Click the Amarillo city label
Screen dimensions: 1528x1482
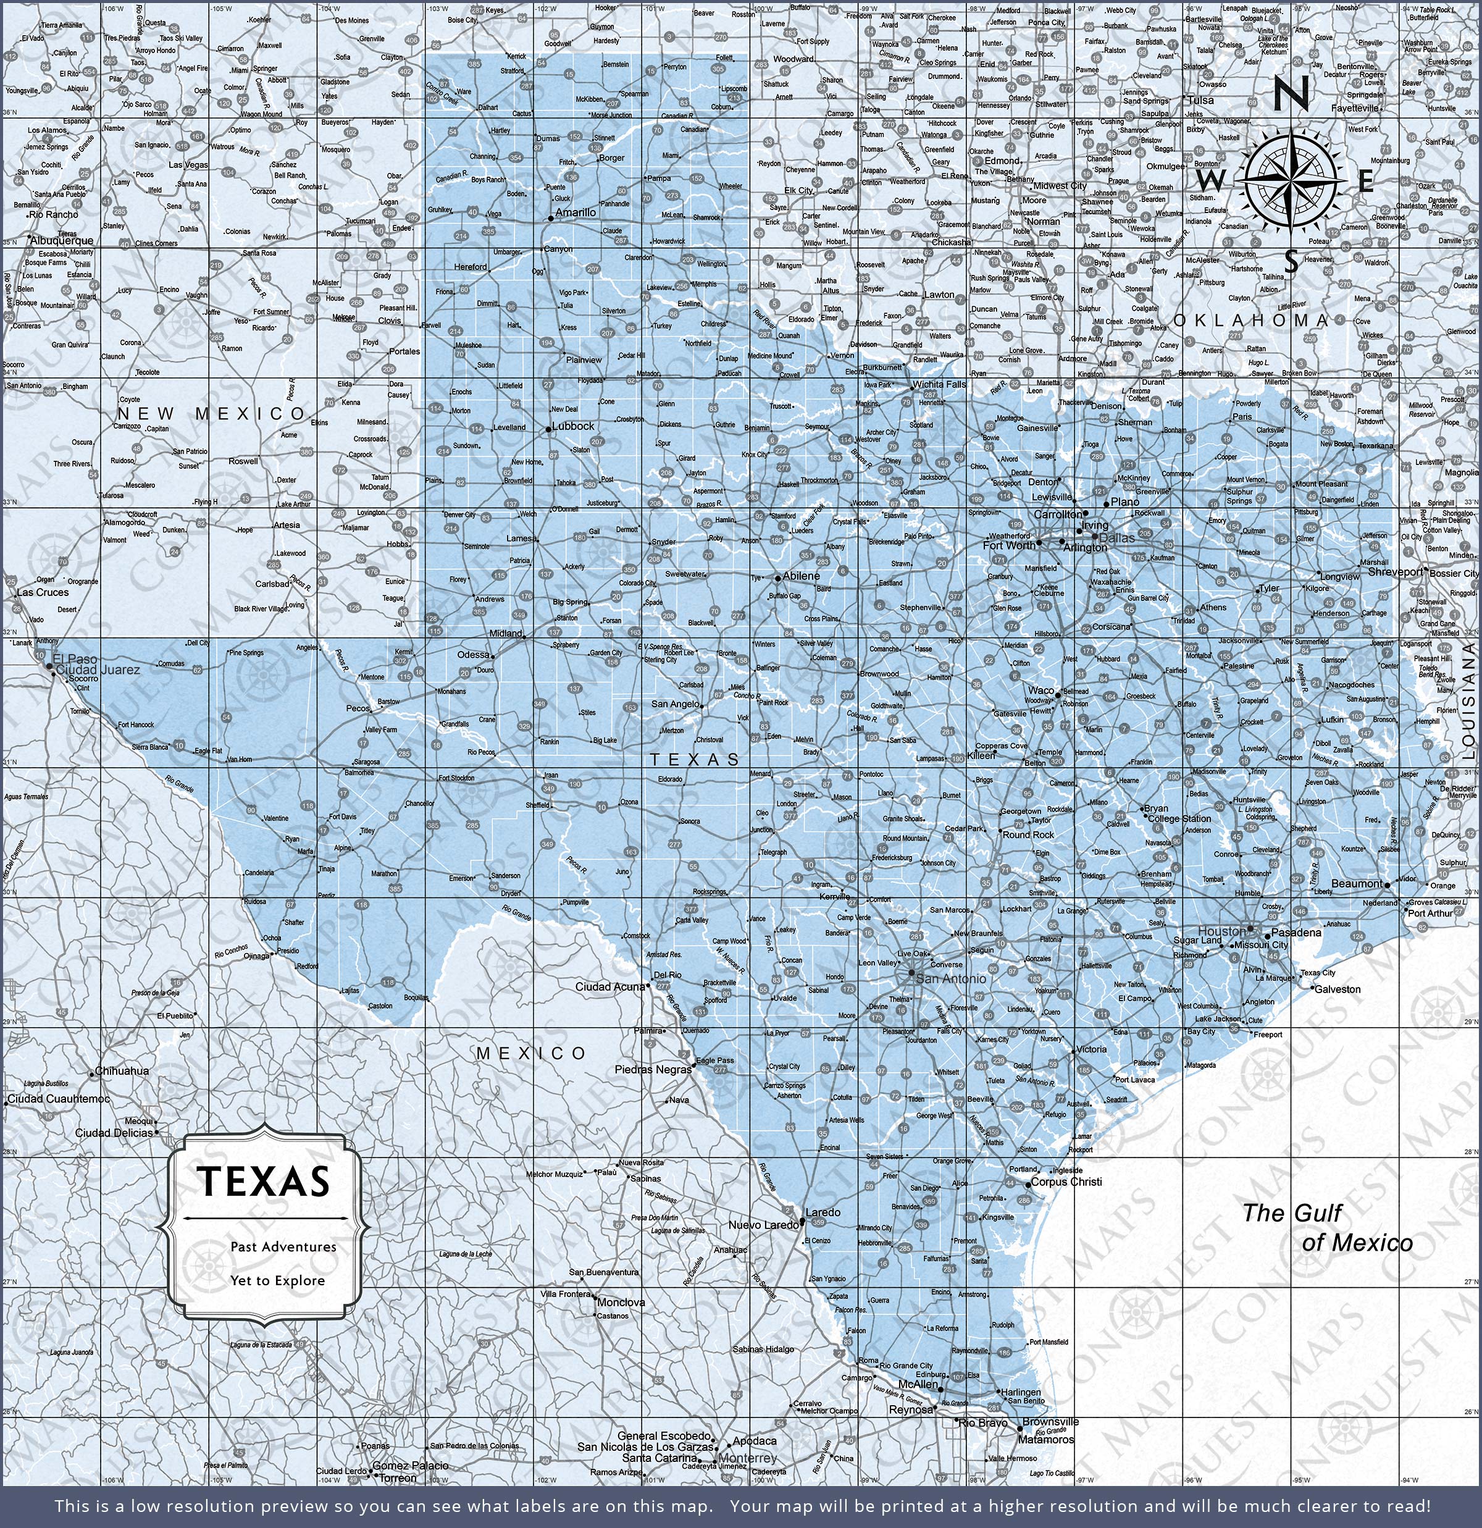pyautogui.click(x=576, y=212)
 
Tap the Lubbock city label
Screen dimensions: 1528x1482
pyautogui.click(x=573, y=426)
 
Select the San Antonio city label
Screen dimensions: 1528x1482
pyautogui.click(x=950, y=978)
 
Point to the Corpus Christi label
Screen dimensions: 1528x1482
pyautogui.click(x=1066, y=1182)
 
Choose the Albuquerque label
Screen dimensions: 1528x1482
pyautogui.click(x=62, y=241)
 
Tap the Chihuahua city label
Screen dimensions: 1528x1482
pyautogui.click(x=122, y=1070)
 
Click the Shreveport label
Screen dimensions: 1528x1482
pyautogui.click(x=1396, y=571)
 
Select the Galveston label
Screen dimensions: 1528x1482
pyautogui.click(x=1338, y=989)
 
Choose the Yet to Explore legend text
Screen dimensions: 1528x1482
pyautogui.click(x=277, y=1280)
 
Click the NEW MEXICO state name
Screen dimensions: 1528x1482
pyautogui.click(x=212, y=413)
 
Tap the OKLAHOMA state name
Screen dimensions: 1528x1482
pyautogui.click(x=1251, y=321)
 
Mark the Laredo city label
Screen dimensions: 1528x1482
pyautogui.click(x=823, y=1212)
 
